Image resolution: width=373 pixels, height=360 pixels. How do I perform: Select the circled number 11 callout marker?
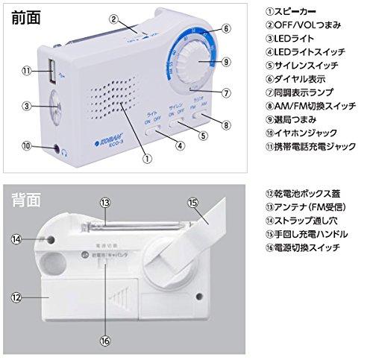(x=25, y=71)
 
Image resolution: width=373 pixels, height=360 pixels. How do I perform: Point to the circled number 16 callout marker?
(x=107, y=343)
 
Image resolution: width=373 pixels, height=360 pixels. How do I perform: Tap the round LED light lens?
(x=54, y=106)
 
